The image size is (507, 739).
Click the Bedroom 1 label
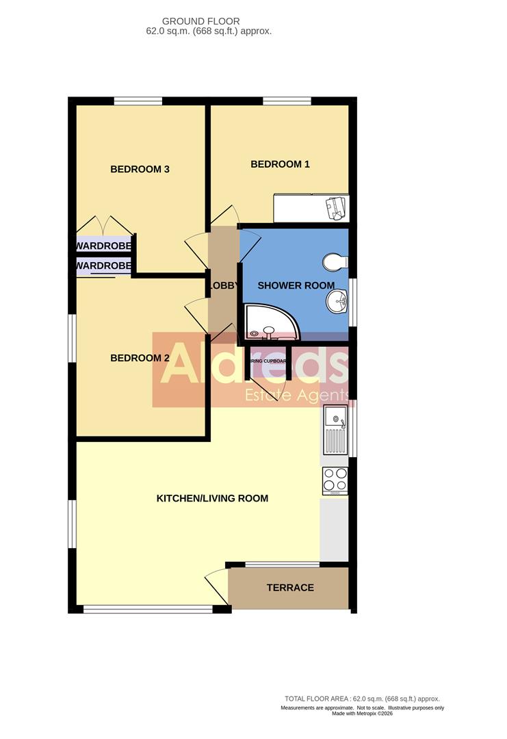tap(280, 164)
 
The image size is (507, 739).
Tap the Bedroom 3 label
tap(140, 169)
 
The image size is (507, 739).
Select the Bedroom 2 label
tap(140, 358)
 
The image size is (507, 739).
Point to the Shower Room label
tap(296, 285)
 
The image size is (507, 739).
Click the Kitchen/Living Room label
tap(212, 498)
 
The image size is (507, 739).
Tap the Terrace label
tap(290, 588)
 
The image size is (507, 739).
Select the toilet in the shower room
tap(336, 261)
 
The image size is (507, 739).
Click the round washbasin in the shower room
tap(337, 299)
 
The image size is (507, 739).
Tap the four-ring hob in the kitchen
tap(335, 480)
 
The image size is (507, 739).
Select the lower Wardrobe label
tap(103, 265)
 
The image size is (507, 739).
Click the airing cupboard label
tap(267, 361)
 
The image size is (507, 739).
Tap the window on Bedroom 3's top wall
tap(138, 101)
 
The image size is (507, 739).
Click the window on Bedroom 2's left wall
tap(72, 337)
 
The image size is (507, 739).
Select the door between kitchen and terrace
tap(217, 586)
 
